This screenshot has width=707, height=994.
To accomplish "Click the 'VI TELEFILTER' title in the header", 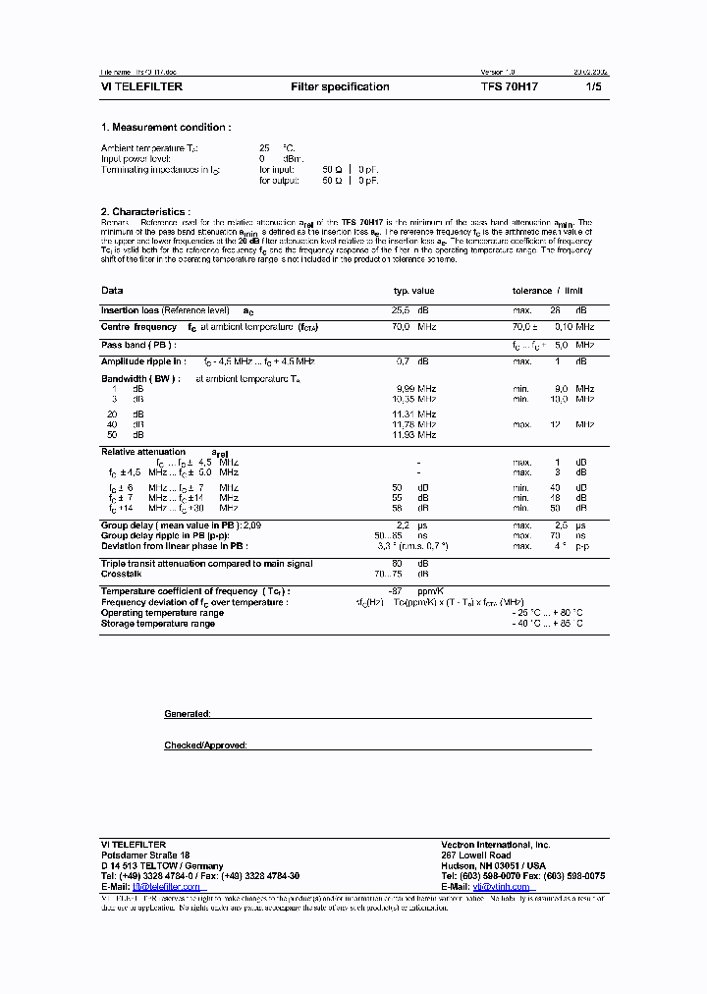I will point(141,87).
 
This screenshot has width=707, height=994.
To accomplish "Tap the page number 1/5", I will point(593,87).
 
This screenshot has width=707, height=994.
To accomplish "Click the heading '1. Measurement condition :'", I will point(166,128).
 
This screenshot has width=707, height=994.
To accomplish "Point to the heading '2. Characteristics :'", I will point(145,212).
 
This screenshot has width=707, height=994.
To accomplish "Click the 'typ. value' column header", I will point(413,291).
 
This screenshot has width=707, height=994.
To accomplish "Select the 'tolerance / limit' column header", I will point(548,291).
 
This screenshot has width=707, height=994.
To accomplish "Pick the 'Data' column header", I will point(112,291).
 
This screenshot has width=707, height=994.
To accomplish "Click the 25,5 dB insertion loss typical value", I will point(410,310).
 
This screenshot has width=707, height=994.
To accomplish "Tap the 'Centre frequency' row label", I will point(138,327).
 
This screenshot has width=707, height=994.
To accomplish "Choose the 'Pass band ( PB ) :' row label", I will point(137,345).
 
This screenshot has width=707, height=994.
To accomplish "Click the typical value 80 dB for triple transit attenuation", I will point(410,564).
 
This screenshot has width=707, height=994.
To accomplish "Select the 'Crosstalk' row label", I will point(122,574).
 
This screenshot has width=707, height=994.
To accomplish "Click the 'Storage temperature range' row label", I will point(158,624).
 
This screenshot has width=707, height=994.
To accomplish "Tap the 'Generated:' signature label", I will point(188,714).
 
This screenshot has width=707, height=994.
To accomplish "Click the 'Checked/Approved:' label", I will point(205,745).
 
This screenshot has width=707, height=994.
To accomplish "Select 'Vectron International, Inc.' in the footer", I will point(496,845).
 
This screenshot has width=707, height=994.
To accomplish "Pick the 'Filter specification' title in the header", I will point(340,87).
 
